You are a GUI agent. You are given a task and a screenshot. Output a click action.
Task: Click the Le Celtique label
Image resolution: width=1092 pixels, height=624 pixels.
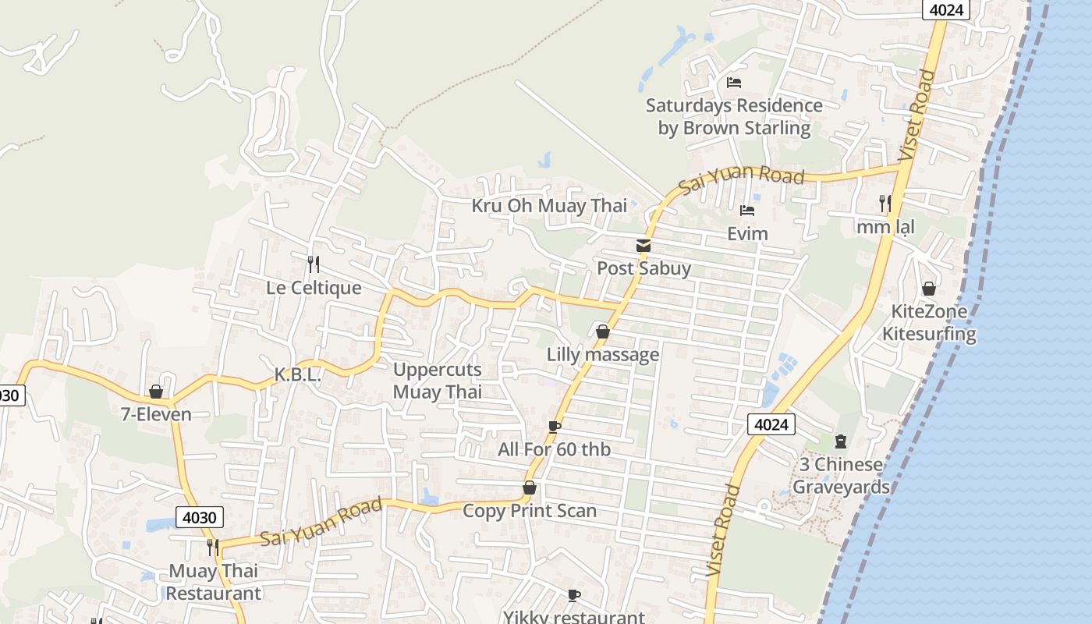point(314,288)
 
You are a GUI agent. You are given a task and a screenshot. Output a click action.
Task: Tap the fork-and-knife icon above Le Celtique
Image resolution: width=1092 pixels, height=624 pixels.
point(314,264)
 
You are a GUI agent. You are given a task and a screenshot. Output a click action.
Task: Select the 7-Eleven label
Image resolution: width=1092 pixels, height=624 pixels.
point(156,414)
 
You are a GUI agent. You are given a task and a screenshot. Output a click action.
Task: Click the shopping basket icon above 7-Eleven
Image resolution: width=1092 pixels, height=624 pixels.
point(156,392)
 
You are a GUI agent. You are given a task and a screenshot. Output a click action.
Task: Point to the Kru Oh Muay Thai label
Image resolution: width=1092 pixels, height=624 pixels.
point(549,206)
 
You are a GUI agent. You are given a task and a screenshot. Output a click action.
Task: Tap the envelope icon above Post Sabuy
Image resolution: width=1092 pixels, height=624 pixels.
point(643,246)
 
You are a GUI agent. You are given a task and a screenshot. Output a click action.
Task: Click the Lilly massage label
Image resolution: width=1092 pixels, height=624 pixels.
point(603,355)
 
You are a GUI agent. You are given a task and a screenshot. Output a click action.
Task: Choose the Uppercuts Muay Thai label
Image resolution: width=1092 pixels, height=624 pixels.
point(438,381)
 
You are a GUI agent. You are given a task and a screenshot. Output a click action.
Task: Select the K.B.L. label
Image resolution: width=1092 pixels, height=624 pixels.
point(298,375)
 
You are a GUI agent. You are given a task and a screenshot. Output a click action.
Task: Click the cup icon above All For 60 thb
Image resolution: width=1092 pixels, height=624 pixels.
point(554,427)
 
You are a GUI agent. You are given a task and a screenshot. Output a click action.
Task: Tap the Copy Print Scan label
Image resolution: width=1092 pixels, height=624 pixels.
point(530,511)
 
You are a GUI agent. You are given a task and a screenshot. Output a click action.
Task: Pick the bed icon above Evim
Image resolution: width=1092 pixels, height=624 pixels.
point(747,211)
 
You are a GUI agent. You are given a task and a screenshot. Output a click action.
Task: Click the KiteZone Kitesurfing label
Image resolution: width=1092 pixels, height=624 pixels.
point(929,323)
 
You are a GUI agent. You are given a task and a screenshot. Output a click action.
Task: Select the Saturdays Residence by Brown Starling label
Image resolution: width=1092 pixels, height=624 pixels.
point(734,116)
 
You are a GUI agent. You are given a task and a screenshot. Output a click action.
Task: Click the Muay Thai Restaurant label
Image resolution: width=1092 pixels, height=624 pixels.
point(214,582)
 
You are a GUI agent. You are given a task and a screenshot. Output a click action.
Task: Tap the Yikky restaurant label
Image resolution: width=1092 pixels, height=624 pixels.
point(573,617)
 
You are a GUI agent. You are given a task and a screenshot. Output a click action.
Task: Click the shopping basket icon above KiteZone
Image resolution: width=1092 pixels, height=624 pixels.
point(929,289)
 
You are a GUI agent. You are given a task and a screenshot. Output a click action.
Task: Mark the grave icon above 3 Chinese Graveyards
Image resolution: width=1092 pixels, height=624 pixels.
point(841,441)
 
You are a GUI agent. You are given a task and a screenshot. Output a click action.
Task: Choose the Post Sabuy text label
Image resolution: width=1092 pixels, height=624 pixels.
point(643,268)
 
